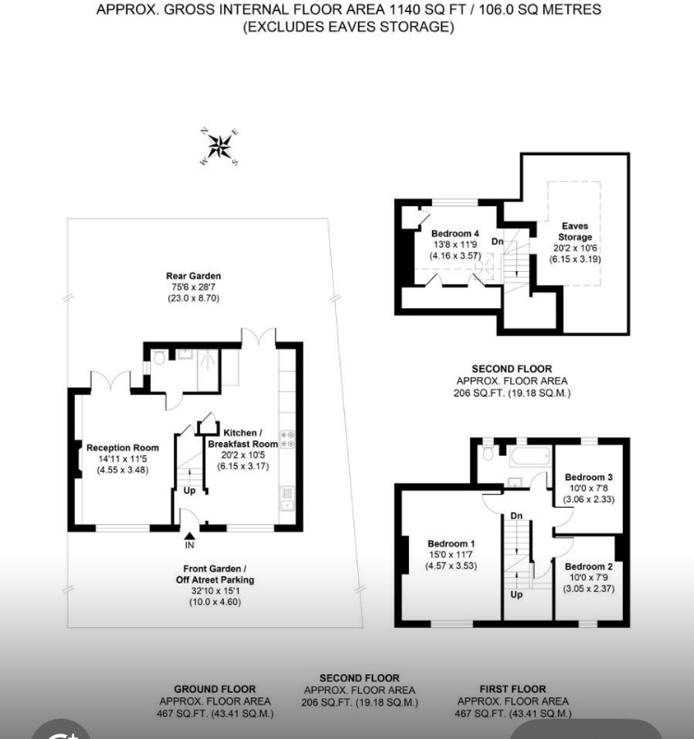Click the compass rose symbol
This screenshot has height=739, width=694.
(219, 146)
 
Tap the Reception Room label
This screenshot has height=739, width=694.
(122, 448)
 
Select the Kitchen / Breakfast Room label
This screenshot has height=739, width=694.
(242, 438)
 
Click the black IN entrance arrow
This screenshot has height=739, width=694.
(190, 536)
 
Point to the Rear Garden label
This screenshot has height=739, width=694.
(193, 276)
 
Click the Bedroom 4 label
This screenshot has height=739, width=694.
(455, 233)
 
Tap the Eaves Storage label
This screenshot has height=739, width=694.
(575, 231)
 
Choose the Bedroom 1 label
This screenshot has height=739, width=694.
(452, 544)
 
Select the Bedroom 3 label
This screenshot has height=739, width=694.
(589, 477)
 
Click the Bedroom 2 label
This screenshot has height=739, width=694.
(589, 566)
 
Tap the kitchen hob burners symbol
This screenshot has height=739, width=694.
(287, 438)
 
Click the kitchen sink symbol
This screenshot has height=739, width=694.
(287, 499)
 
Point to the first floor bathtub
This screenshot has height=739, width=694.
(530, 457)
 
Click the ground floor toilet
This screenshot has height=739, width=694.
(159, 358)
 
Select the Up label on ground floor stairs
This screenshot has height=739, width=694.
(189, 490)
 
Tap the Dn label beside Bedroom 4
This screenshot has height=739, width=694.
(498, 241)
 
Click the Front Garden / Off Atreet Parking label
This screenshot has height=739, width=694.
(215, 574)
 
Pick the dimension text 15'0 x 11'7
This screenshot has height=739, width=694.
(452, 555)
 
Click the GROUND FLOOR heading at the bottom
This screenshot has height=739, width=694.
(215, 689)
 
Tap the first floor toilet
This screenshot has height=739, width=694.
(489, 452)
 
